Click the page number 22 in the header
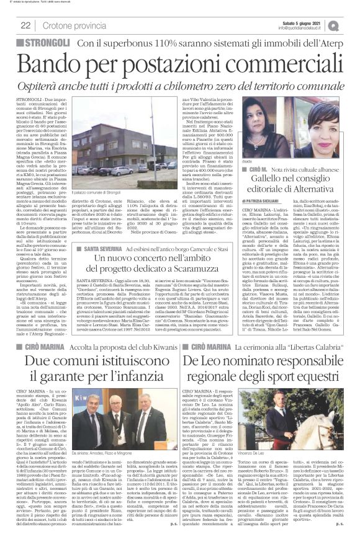[x=26, y=25]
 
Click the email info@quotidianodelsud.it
[x=304, y=28]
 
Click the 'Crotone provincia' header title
[x=73, y=25]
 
